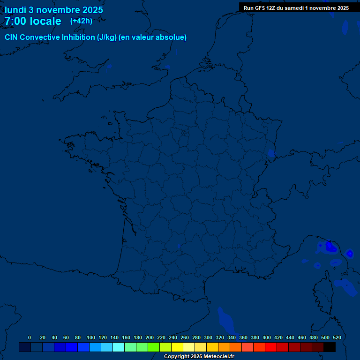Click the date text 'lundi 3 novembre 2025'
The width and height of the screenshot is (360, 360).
pos(54,10)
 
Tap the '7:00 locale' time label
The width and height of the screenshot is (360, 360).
pos(33,21)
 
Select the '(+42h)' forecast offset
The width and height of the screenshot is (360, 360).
pos(81,21)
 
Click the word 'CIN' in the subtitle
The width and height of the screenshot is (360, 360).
pos(11,37)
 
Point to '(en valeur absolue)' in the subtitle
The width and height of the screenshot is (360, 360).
pos(153,37)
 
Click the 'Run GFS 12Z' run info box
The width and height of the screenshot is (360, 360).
pos(296,8)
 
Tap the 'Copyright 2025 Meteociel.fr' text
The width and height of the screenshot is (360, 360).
pos(199,356)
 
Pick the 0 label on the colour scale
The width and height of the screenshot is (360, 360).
pos(30,337)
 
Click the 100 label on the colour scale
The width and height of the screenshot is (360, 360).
pos(91,337)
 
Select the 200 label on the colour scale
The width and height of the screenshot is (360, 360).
pos(150,337)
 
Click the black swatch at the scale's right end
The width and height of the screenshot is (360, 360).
pos(330,347)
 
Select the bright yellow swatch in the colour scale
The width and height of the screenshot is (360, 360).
pos(177,347)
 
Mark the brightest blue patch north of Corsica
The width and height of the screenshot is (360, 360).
pos(330,246)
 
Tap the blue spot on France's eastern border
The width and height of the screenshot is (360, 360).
pos(271,153)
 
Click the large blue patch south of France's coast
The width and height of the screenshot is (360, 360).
pos(226,321)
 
